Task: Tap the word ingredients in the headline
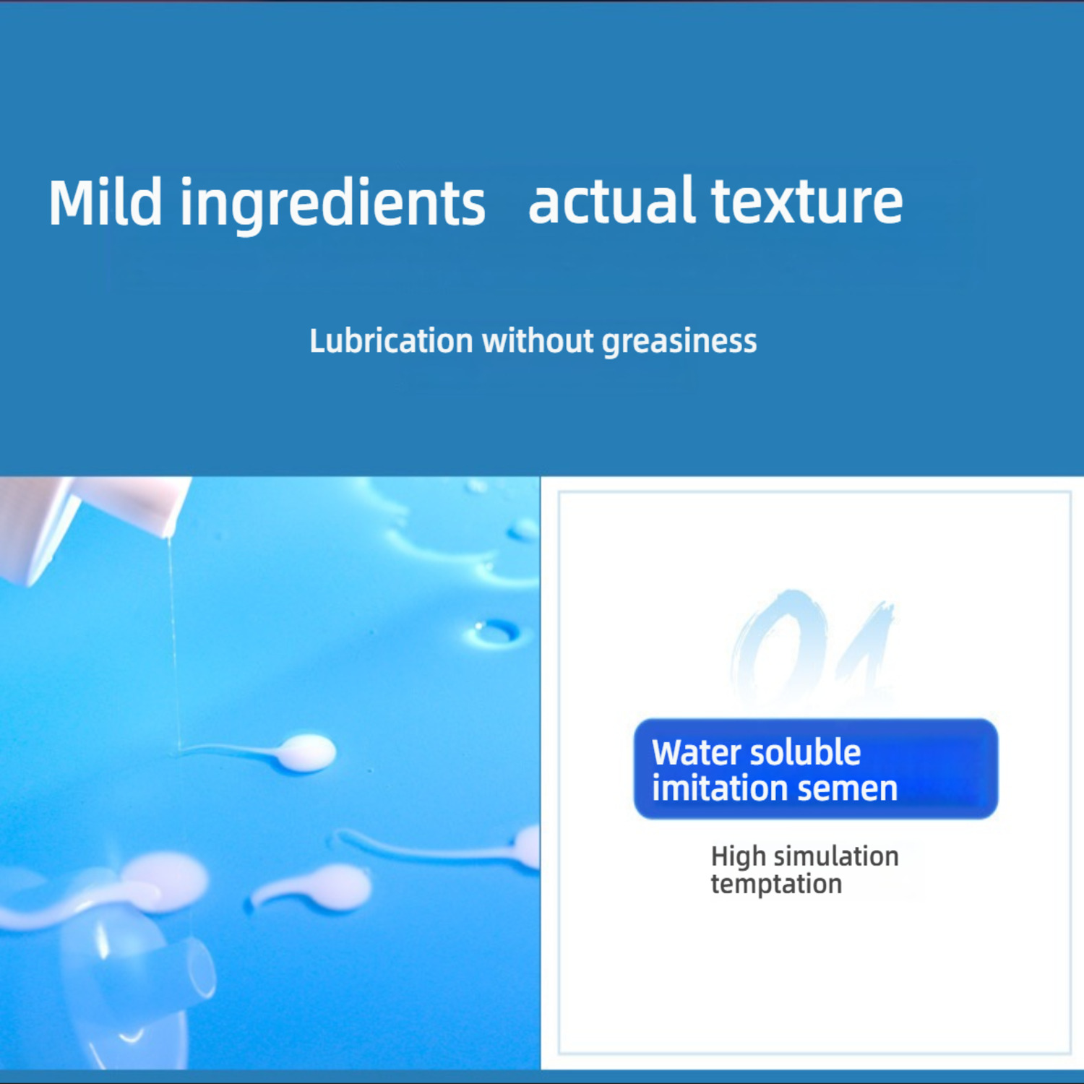(332, 206)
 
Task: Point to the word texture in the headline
(807, 202)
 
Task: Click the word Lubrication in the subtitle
(391, 341)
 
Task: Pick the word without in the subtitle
(538, 341)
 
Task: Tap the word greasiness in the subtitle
(679, 343)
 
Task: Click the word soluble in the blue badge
(808, 752)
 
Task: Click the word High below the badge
(738, 857)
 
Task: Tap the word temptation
(776, 884)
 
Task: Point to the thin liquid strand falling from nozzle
(173, 643)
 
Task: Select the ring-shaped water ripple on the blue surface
(496, 633)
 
